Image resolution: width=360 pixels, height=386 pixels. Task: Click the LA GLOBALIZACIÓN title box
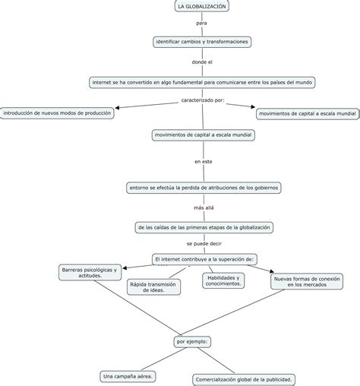202,6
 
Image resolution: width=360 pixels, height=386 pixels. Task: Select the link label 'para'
201,23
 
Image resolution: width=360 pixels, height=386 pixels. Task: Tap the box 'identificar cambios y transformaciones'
202,42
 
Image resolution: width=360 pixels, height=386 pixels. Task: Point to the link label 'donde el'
202,62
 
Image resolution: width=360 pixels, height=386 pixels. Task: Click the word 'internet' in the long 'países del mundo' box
102,82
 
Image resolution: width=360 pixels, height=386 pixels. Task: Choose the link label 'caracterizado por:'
203,100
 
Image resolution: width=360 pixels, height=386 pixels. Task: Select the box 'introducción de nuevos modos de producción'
57,113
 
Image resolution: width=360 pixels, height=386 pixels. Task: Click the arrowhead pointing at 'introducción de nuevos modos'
117,108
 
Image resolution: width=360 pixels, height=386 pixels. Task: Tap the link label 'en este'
204,162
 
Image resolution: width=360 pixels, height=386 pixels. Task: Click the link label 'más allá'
204,207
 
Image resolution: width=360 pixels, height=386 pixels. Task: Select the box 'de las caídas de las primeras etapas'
204,227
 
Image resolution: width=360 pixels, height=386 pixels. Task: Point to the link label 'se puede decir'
204,244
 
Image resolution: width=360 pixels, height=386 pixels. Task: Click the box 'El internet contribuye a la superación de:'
204,259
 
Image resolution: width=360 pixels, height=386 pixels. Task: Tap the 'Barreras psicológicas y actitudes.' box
90,273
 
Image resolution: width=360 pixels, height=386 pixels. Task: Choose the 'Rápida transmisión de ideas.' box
153,287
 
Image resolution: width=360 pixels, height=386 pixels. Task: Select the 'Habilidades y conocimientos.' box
223,280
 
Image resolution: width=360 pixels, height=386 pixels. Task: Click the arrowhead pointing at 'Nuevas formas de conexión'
272,271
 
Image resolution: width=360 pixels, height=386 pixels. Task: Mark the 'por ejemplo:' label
192,342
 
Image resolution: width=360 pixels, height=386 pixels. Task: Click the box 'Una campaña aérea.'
128,377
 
